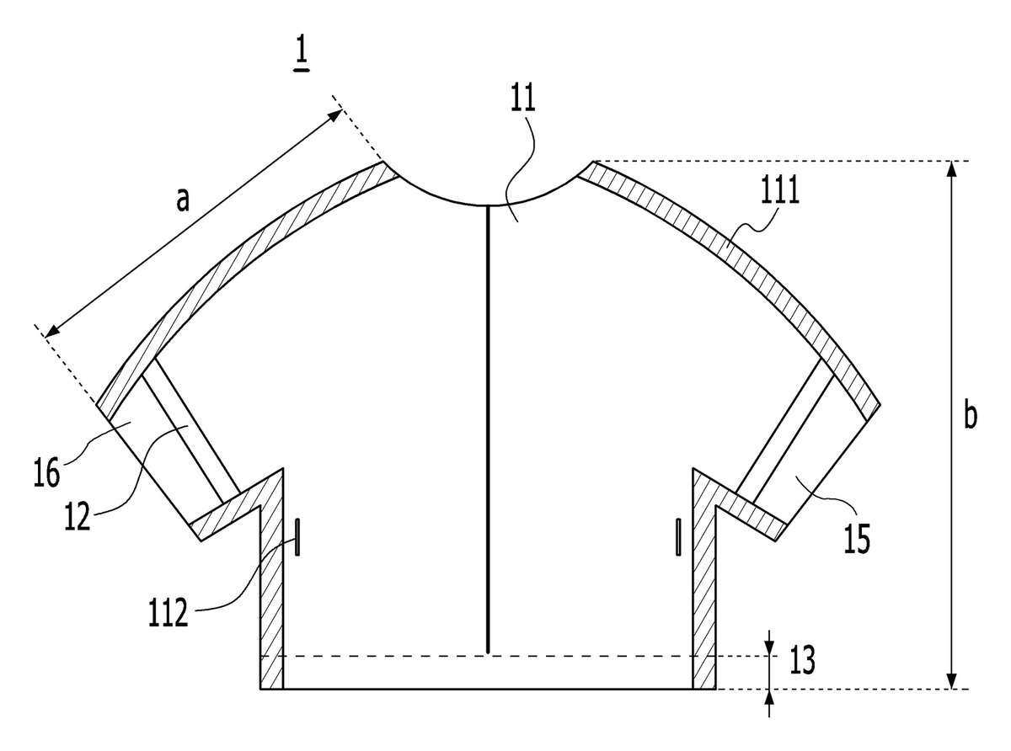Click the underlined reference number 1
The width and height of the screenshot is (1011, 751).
[302, 55]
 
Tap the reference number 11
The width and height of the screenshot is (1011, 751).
[522, 98]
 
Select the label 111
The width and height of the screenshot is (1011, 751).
[780, 190]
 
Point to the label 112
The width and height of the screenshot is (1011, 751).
[168, 613]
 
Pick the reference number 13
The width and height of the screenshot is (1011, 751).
[802, 660]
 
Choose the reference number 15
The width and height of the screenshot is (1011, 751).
[857, 539]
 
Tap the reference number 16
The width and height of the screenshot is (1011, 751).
[46, 473]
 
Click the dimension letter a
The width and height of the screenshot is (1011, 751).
[182, 200]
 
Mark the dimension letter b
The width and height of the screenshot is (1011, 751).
[971, 414]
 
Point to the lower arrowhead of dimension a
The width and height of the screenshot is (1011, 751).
[51, 332]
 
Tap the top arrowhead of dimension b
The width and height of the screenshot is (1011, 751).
[950, 169]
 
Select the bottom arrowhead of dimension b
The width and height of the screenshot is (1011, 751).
[950, 680]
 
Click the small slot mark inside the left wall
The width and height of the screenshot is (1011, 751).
[297, 537]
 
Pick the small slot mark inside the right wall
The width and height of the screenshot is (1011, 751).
[679, 537]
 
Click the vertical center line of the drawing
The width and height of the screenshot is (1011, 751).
[487, 429]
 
